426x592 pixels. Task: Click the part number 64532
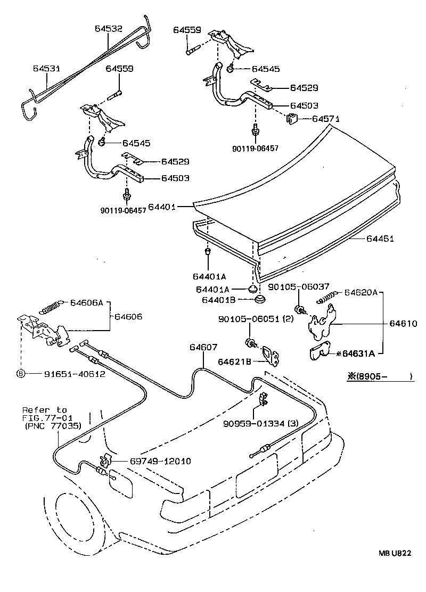(109, 29)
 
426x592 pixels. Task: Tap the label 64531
(47, 69)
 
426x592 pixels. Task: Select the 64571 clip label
(325, 119)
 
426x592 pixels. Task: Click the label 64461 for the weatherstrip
(380, 239)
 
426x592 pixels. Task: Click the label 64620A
(361, 292)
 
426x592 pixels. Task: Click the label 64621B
(235, 361)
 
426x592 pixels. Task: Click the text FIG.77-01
(44, 418)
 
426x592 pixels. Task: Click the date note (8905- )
(380, 376)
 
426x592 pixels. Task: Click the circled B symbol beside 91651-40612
(21, 374)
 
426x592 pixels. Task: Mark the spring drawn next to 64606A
(51, 307)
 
